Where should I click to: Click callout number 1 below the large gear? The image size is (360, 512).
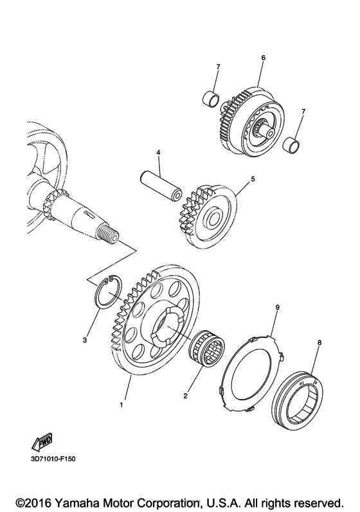coord(122,405)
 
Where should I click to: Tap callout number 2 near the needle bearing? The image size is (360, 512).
coord(185,396)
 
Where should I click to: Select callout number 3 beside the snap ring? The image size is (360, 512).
coord(85,340)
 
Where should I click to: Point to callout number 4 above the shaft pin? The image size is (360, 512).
coord(158,152)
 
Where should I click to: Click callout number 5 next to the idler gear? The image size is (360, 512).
coord(253,179)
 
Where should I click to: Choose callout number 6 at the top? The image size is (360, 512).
coord(264,57)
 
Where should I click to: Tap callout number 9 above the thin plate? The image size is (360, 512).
coord(277,307)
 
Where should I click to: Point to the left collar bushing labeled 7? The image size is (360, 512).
coord(211,98)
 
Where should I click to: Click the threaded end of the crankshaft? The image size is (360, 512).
coord(109,233)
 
